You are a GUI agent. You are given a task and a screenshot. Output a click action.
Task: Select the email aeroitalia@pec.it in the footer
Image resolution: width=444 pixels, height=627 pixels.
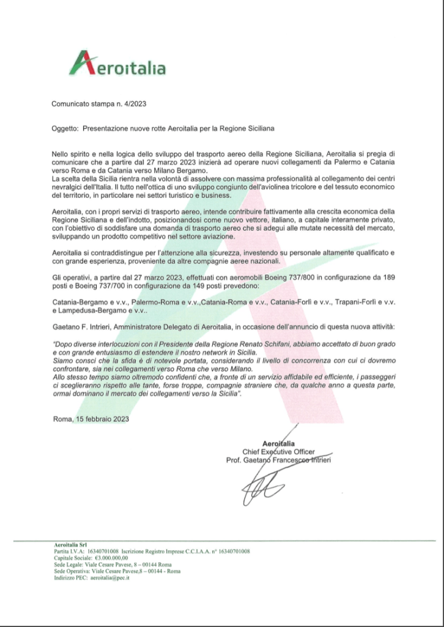click(109, 577)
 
